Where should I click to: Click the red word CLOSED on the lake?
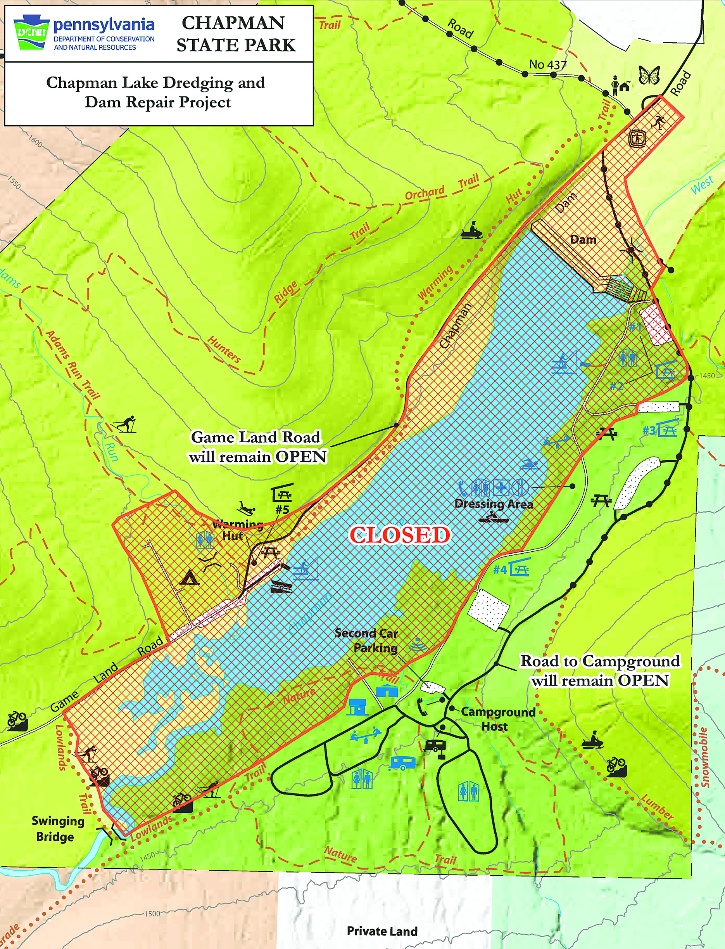pos(400,535)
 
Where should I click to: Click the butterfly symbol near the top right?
pos(649,76)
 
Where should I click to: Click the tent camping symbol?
pos(189,578)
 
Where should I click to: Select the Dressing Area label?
pos(494,504)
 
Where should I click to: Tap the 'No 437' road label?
pos(547,65)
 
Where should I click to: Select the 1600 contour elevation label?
pos(35,141)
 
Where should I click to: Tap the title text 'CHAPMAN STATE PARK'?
pos(235,34)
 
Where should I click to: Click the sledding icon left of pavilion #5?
pos(247,508)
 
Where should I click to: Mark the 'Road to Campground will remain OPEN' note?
pos(600,670)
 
